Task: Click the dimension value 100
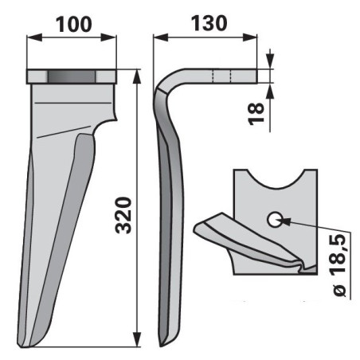[x=74, y=24]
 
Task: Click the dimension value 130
[x=209, y=23]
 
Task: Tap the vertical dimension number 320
[x=123, y=215]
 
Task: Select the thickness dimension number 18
[x=256, y=114]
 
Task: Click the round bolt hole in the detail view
[x=274, y=220]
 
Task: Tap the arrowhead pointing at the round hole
[x=286, y=221]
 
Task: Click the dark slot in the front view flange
[x=72, y=76]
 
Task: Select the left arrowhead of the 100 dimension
[x=34, y=37]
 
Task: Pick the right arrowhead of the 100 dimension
[x=108, y=37]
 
